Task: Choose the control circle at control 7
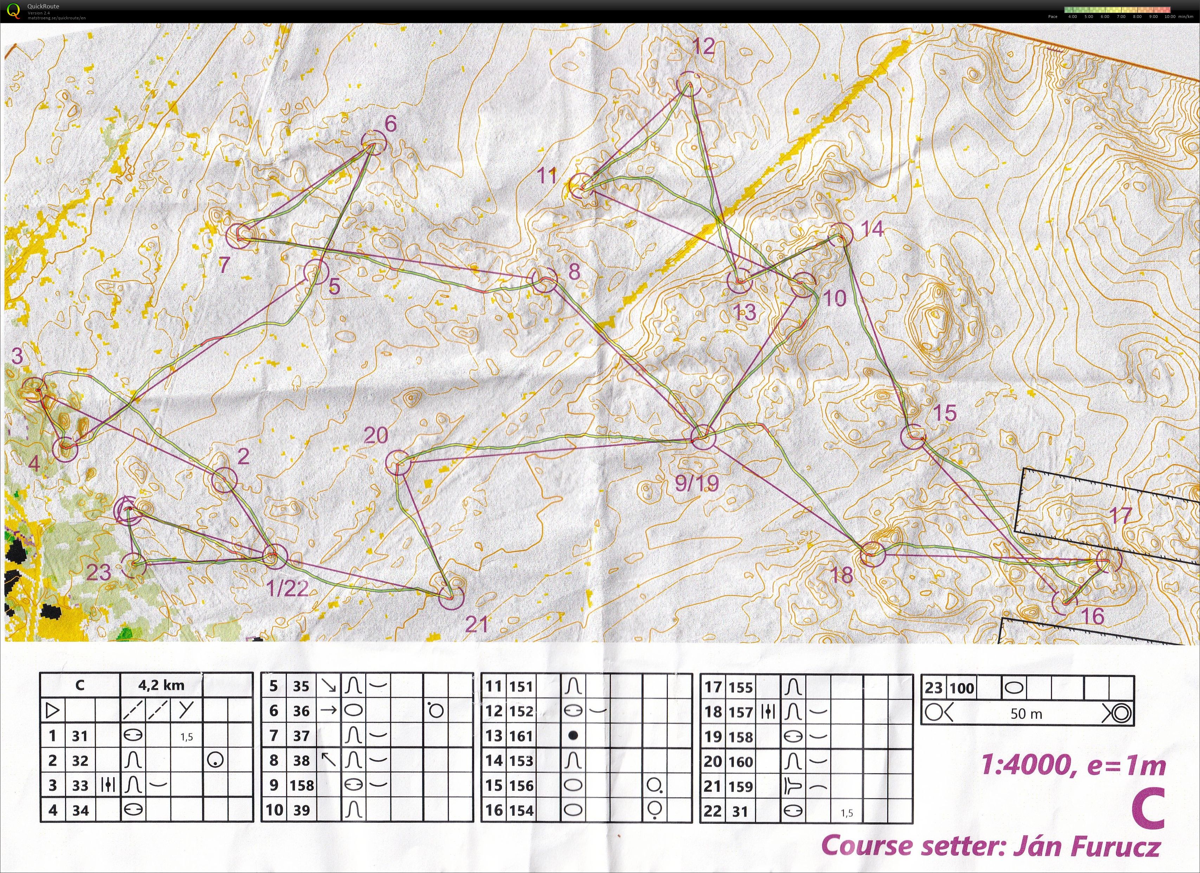pos(239,236)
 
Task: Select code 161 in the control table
pos(521,736)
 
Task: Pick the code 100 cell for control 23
pos(961,688)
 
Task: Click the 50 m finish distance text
pos(1026,714)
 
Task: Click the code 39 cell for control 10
pos(301,810)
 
